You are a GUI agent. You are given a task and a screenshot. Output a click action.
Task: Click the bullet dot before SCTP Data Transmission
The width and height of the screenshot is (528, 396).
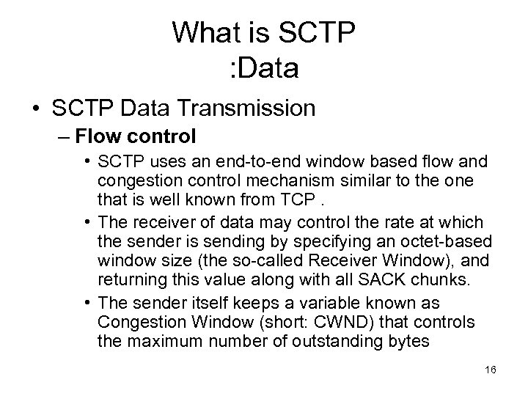pos(34,109)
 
